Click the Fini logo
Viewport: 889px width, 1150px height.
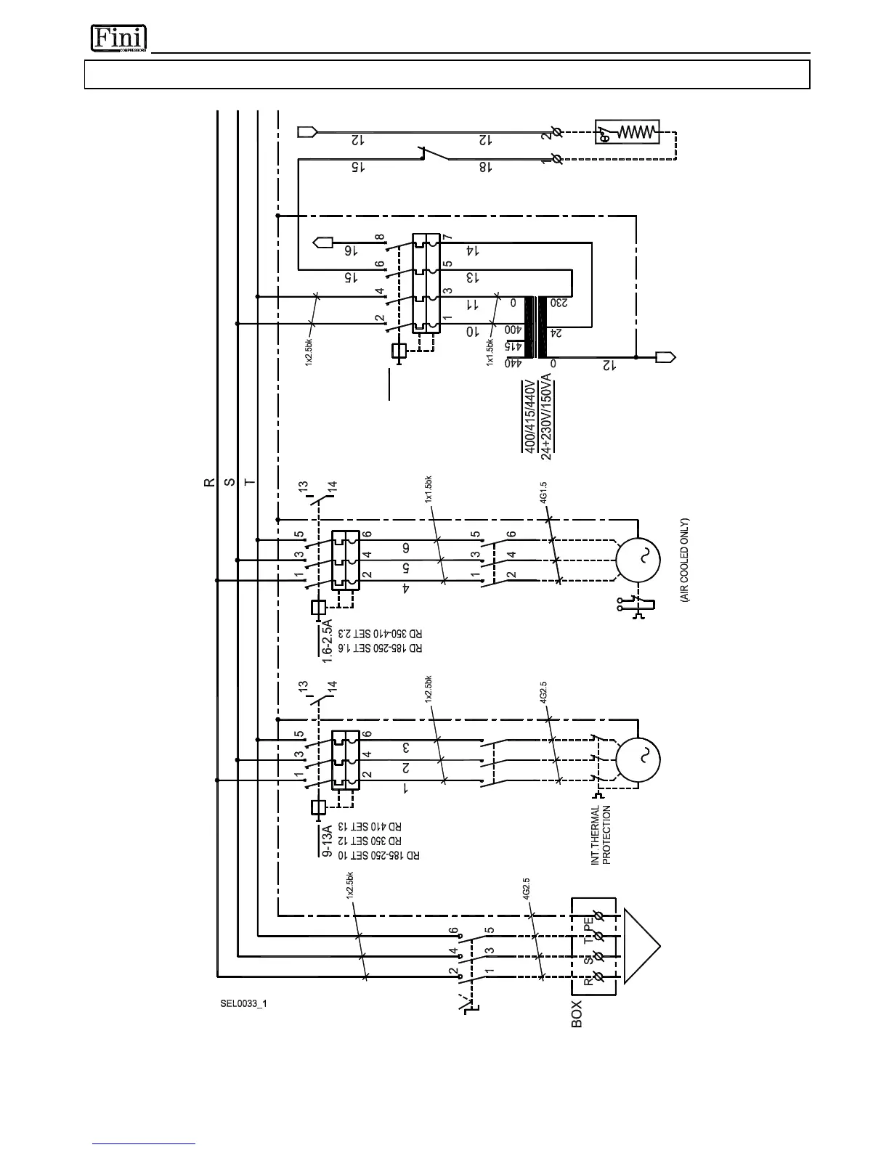(118, 38)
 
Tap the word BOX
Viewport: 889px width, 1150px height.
(577, 1014)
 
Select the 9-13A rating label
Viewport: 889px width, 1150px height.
(327, 841)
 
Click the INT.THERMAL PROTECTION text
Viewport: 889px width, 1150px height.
(601, 834)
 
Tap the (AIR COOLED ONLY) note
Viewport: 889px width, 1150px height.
(684, 560)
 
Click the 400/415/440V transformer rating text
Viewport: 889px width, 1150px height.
(530, 415)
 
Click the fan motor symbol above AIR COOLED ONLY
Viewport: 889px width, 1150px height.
(637, 560)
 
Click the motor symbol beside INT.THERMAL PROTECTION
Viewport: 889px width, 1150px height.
(637, 759)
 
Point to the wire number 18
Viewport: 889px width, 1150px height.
(485, 167)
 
